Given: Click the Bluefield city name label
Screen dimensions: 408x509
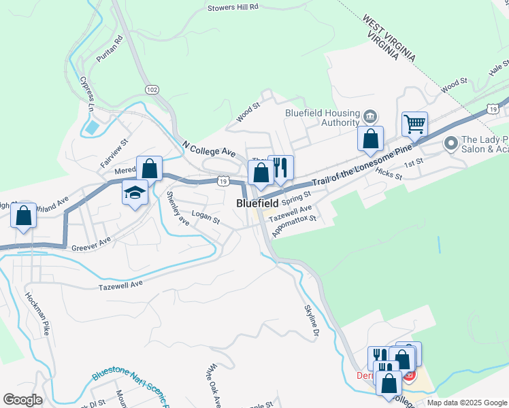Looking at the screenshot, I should coord(258,203).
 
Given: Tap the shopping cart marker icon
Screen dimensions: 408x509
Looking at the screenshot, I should coord(414,124).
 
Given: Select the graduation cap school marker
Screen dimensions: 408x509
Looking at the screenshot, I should coord(135,192).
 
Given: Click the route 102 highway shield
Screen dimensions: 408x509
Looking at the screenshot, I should coord(152,89).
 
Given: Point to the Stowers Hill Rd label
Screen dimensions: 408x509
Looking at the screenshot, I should coord(233,7).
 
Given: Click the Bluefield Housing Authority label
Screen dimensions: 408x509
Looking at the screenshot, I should coord(322,118).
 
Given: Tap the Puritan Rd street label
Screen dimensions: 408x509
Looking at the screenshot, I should coord(109,50).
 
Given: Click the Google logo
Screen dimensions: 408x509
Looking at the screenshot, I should coord(22,400).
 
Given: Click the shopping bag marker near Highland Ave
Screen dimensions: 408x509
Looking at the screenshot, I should coord(24,216).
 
